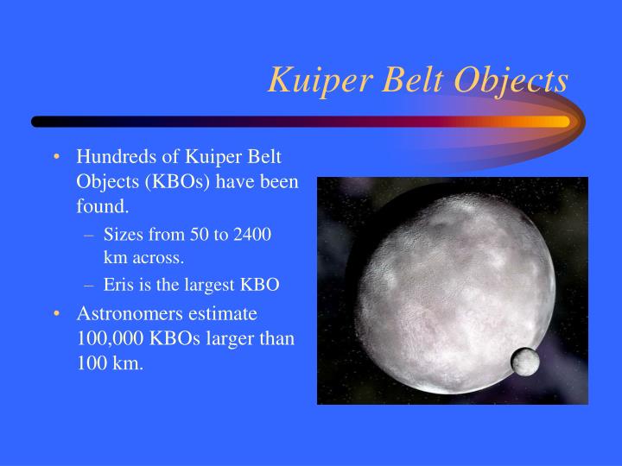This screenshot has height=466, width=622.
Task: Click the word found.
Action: [x=102, y=207]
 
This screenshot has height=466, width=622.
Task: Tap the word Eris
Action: [x=118, y=284]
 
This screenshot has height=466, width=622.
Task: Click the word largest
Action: [x=207, y=284]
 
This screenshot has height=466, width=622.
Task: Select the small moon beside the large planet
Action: [x=525, y=362]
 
